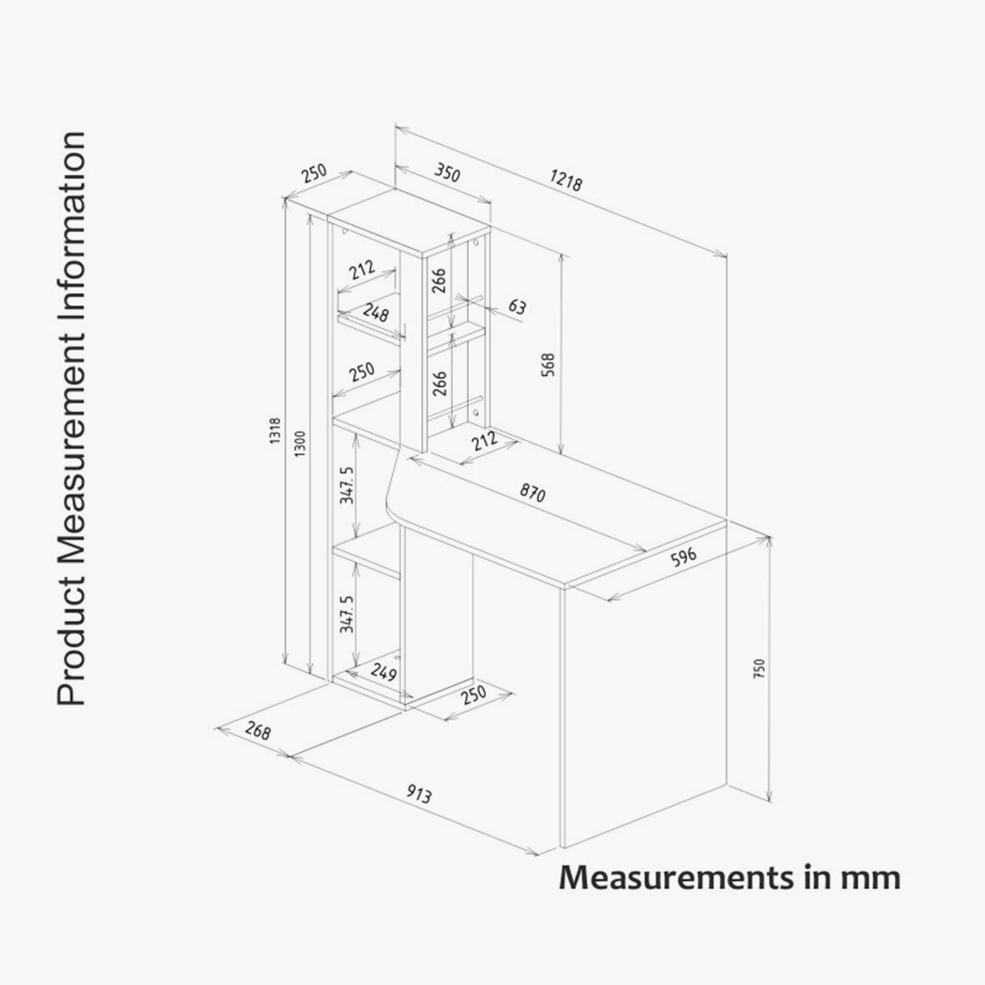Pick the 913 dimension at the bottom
[x=419, y=793]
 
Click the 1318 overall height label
[x=275, y=431]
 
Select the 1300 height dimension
[x=300, y=444]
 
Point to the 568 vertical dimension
[x=548, y=364]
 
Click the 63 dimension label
[x=517, y=307]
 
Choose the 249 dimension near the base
[x=383, y=672]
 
